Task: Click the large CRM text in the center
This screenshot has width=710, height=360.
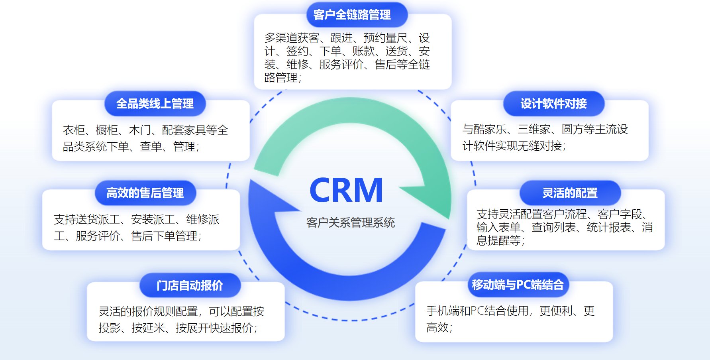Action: click(x=346, y=190)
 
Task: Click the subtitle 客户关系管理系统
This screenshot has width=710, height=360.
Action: click(x=350, y=222)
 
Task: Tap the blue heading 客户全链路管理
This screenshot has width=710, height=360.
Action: click(x=352, y=15)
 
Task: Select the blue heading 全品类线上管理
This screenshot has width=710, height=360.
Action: click(x=155, y=104)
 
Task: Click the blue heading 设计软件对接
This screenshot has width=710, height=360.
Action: click(x=553, y=104)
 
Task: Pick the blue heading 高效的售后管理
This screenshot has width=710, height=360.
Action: click(x=145, y=193)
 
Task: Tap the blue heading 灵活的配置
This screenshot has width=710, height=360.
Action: click(x=570, y=193)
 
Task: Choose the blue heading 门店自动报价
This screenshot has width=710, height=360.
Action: click(x=190, y=286)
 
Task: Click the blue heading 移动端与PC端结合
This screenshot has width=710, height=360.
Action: click(x=518, y=285)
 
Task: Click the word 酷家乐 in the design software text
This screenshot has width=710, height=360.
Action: click(x=490, y=130)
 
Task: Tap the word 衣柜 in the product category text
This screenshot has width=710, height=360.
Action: click(x=73, y=130)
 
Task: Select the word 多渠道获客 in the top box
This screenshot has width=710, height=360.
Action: click(x=292, y=38)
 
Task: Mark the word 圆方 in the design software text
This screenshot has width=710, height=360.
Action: click(x=572, y=130)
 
